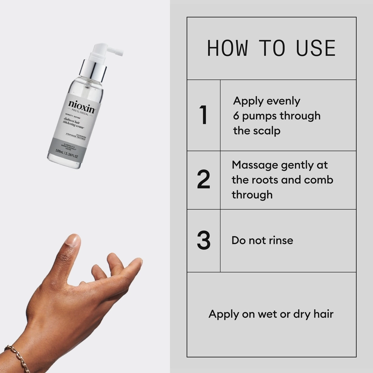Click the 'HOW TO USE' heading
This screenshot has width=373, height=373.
pos(271,48)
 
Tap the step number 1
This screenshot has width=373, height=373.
pos(203,115)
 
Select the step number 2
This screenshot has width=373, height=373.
pos(203,180)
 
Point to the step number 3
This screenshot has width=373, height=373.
pos(203,240)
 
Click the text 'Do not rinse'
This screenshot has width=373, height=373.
pos(262,241)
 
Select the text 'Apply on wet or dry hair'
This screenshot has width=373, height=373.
pos(271,314)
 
